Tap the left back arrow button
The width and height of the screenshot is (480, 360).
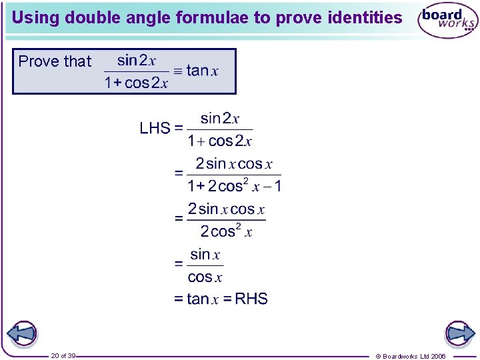click(x=23, y=334)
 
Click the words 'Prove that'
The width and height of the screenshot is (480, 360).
click(x=55, y=61)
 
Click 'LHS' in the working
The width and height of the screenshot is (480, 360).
click(x=155, y=128)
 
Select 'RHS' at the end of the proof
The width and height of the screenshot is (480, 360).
click(x=251, y=299)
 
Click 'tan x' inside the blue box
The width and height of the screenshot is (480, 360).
click(x=203, y=71)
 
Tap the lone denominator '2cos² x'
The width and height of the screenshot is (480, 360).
click(x=226, y=231)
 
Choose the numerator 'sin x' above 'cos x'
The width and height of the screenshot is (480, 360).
click(x=205, y=254)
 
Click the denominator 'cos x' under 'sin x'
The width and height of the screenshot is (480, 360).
click(x=205, y=277)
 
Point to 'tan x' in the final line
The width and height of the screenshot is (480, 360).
click(x=203, y=299)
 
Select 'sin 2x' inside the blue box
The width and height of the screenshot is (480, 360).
click(x=136, y=60)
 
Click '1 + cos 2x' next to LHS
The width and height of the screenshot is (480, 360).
click(x=219, y=141)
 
